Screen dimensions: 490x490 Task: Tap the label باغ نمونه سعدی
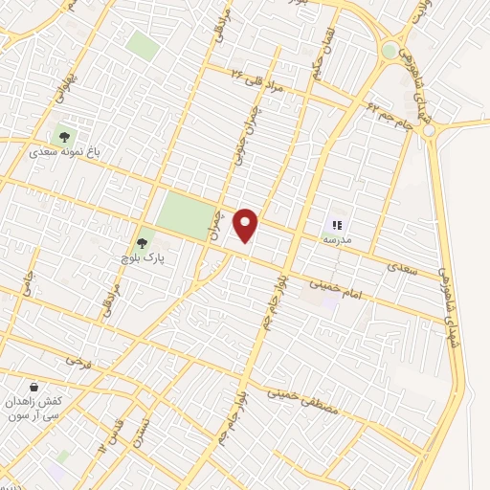pos(64,151)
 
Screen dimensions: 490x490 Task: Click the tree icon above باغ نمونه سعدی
pos(65,135)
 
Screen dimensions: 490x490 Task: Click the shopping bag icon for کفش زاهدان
pos(34,387)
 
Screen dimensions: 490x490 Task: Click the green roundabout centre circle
pos(390,50)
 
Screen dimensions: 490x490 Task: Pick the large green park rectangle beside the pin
pos(188,215)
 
